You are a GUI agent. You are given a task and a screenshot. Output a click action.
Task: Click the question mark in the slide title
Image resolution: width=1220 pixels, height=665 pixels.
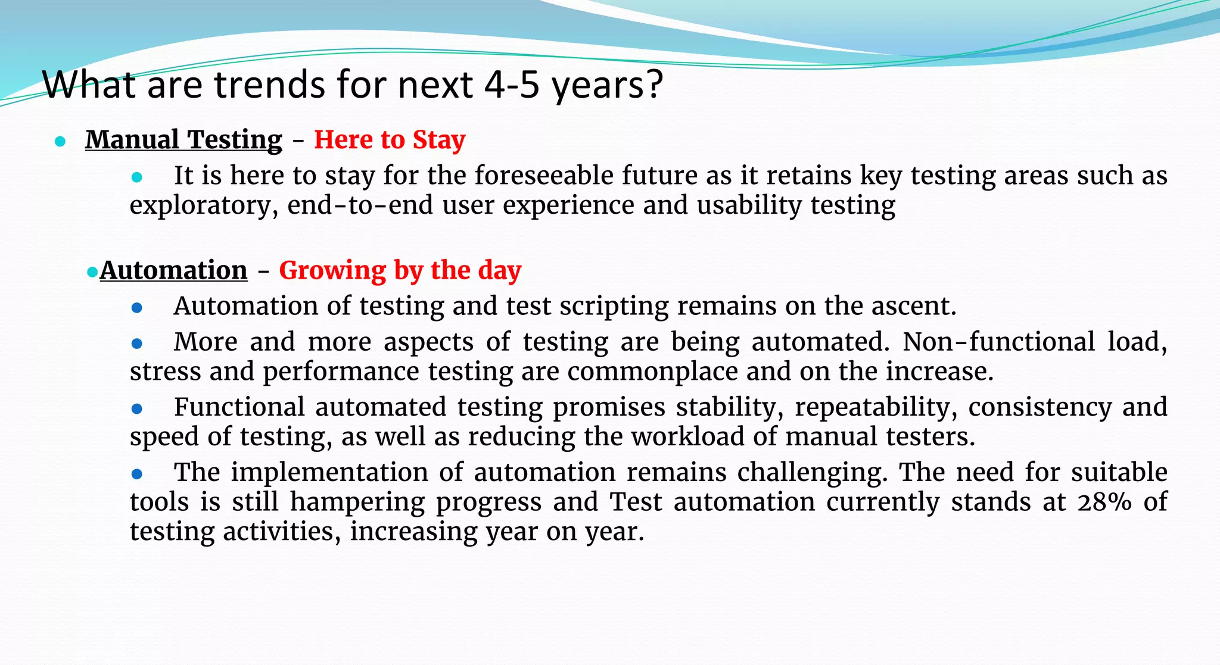[654, 85]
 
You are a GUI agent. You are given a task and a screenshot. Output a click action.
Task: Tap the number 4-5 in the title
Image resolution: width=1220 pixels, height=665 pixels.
[511, 85]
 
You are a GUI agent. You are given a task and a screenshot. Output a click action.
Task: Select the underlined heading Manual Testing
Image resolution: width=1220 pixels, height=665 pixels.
[183, 140]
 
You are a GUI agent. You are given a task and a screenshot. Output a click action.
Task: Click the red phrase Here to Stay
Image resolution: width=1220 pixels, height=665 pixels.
[389, 140]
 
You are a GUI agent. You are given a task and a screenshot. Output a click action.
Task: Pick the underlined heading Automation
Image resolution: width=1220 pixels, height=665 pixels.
[173, 271]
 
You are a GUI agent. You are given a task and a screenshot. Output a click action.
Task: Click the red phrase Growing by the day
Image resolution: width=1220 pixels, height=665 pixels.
[400, 271]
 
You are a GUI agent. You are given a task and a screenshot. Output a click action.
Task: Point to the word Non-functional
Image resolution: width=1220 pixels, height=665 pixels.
[998, 342]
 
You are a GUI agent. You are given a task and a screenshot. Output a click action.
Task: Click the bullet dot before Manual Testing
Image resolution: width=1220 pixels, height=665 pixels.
[60, 142]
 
